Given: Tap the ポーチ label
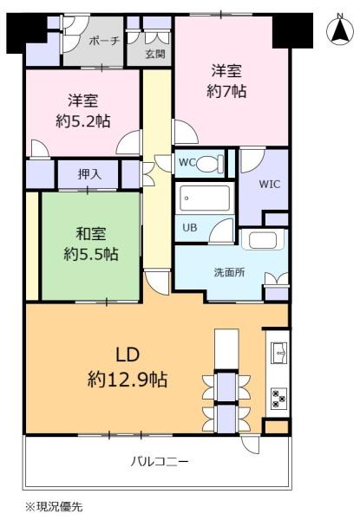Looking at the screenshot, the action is [x=104, y=41].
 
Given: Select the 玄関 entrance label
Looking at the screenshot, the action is [x=155, y=54].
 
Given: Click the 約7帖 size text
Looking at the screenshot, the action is [x=226, y=91].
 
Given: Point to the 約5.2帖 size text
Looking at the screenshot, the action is [x=83, y=121].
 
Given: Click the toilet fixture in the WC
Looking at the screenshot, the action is [x=210, y=163].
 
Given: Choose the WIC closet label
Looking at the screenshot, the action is [x=270, y=185].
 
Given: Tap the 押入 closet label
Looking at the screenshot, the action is [x=89, y=174].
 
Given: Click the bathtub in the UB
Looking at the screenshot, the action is [x=205, y=198].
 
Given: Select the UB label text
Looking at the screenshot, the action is [x=190, y=227].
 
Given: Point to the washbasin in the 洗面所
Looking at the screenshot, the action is [x=263, y=240].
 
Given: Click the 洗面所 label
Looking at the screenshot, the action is [x=230, y=273].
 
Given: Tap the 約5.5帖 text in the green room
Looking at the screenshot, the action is [x=91, y=254].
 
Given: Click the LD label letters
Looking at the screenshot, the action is [x=128, y=355].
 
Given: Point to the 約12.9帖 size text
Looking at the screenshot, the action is [x=128, y=380].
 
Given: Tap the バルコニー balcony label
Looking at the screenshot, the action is [x=160, y=461].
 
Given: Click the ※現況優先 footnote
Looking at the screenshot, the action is [x=54, y=506].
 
